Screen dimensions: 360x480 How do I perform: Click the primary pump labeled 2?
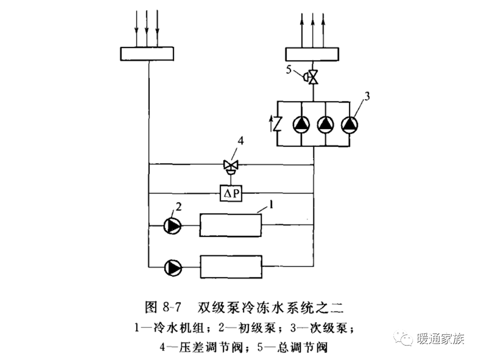click(x=173, y=225)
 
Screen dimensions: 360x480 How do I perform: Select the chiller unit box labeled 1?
click(x=230, y=225)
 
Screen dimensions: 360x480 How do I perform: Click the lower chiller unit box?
click(x=230, y=266)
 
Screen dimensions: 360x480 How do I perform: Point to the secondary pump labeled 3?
click(x=348, y=124)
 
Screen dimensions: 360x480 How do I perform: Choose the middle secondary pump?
click(x=325, y=124)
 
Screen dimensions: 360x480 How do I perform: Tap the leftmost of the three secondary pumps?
click(x=301, y=124)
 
